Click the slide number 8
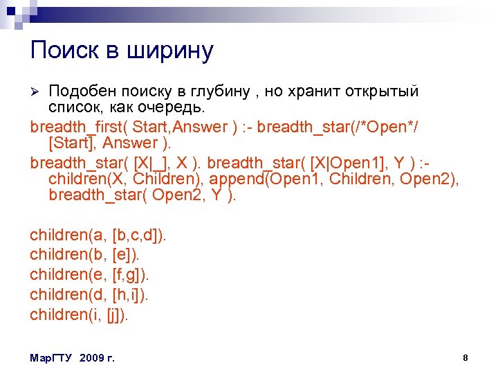[465, 358]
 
